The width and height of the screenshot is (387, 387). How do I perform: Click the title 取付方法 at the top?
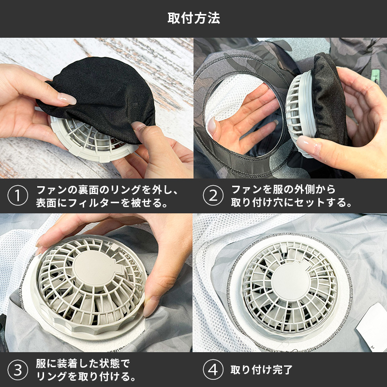193,18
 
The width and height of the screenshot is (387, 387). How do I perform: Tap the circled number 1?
18,196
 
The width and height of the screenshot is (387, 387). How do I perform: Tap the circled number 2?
213,196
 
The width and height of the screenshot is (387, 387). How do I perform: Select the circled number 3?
18,370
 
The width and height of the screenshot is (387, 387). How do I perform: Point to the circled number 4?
213,370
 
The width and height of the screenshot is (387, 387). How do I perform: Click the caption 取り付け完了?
261,370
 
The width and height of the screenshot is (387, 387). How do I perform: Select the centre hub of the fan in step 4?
291,282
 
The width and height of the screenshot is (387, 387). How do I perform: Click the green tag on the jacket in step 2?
376,76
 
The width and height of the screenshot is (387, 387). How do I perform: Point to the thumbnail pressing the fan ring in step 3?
150,307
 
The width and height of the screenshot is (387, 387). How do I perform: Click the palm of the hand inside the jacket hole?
244,119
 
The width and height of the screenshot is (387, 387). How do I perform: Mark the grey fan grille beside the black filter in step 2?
300,114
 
